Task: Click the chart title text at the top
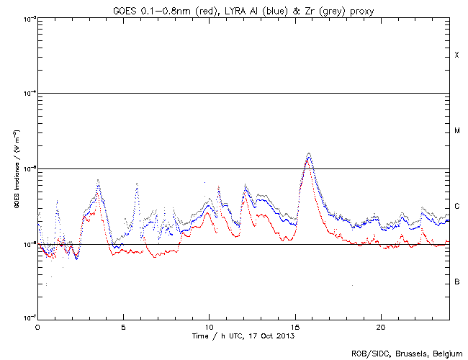click(243, 8)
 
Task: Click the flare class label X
click(456, 55)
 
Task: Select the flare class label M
click(456, 130)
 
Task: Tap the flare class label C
click(456, 207)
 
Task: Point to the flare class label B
click(456, 282)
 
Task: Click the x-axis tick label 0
click(37, 326)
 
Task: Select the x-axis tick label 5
click(123, 326)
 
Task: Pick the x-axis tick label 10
click(209, 326)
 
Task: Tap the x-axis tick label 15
click(294, 326)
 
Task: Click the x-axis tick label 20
click(380, 326)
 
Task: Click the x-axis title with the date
click(243, 336)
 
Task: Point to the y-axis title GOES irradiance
click(16, 169)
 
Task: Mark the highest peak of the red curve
click(308, 160)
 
